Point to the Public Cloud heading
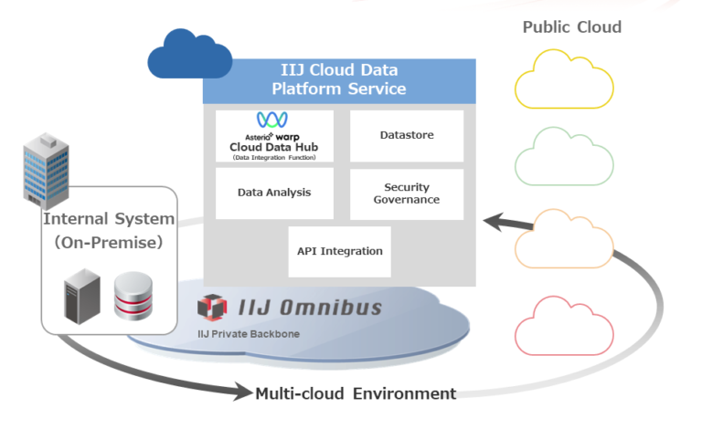tap(571, 26)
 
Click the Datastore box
tap(407, 136)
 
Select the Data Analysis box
tap(274, 193)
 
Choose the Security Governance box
tap(407, 194)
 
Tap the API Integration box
tap(339, 251)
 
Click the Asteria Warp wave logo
tap(272, 120)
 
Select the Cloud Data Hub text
tap(273, 148)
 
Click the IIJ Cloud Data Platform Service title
tap(339, 79)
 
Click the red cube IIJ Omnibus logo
tap(212, 308)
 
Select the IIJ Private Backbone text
tap(249, 334)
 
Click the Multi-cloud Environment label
tap(356, 394)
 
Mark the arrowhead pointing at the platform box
tap(494, 221)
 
